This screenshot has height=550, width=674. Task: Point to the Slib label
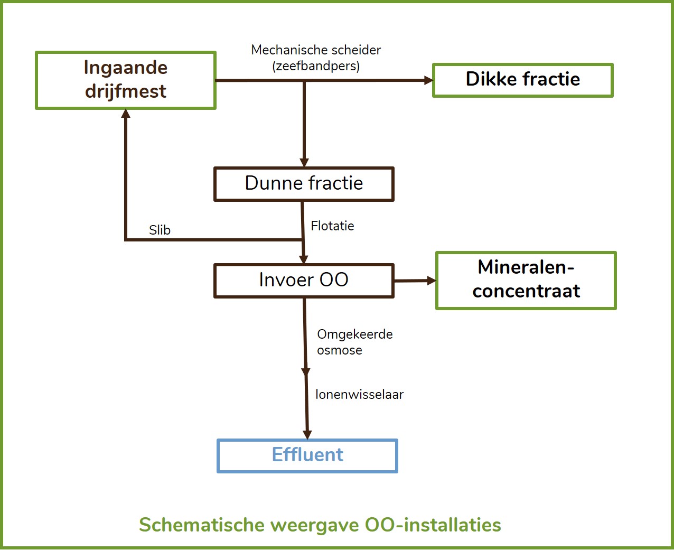(x=160, y=230)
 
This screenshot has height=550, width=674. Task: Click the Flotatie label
(x=332, y=226)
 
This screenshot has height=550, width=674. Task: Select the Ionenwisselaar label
(x=360, y=395)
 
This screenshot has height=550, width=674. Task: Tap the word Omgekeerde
(x=355, y=334)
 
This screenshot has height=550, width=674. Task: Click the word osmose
(x=340, y=350)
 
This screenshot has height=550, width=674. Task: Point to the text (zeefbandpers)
(x=316, y=66)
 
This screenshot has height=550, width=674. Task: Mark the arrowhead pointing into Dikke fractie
(x=428, y=80)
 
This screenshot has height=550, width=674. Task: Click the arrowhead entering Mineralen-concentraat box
(x=432, y=281)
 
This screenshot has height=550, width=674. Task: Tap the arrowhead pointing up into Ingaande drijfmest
(x=126, y=114)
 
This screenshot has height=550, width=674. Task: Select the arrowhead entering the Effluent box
(x=307, y=435)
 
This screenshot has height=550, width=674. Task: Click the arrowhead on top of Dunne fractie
(x=304, y=162)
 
